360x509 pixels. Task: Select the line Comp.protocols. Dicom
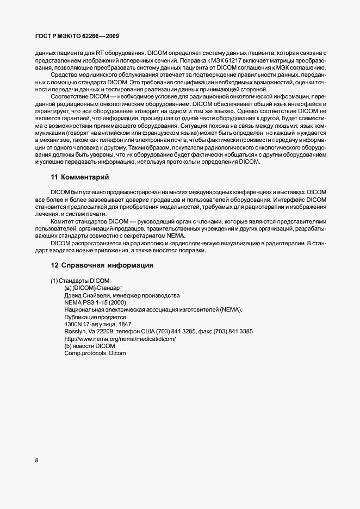95,353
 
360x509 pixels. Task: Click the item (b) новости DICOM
90,345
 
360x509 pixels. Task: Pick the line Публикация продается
95,316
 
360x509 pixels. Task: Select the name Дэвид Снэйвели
86,295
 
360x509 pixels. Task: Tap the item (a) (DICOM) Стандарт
94,288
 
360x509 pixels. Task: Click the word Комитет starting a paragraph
64,221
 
